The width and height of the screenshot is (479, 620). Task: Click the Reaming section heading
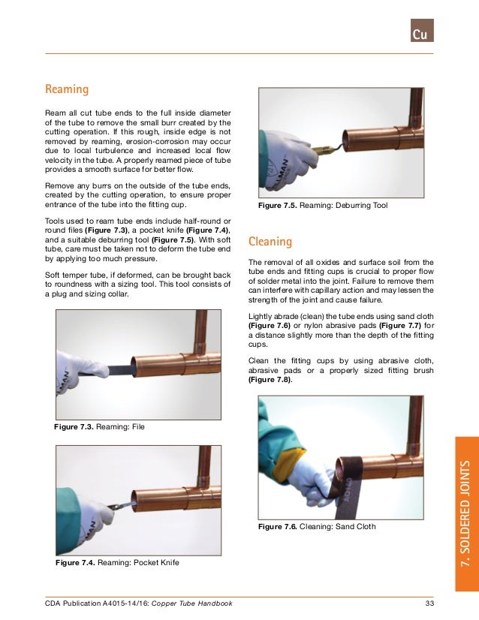pyautogui.click(x=67, y=89)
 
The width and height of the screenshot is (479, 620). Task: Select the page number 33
pyautogui.click(x=429, y=604)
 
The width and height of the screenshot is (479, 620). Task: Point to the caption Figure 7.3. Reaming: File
pyautogui.click(x=99, y=427)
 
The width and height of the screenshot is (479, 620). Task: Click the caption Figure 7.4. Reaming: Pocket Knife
pyautogui.click(x=117, y=562)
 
